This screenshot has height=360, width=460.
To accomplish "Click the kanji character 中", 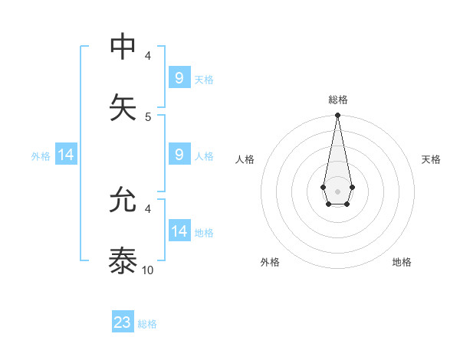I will [x=123, y=47].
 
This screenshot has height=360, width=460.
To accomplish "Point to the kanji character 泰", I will [x=123, y=260].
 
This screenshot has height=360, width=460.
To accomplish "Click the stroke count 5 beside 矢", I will [x=148, y=116].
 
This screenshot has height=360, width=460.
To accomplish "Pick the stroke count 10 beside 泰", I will [x=148, y=270].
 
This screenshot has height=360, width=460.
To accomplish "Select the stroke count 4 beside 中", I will [x=148, y=56].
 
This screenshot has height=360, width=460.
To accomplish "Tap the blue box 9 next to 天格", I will [x=179, y=78].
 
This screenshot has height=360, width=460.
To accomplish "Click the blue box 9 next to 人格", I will [x=179, y=155].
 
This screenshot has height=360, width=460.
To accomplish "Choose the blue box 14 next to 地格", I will [x=179, y=231].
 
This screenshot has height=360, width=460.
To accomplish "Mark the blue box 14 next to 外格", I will [x=66, y=155].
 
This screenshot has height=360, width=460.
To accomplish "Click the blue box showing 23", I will [x=123, y=322].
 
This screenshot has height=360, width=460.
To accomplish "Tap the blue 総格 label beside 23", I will [x=147, y=324].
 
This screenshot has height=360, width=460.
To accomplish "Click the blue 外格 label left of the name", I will [x=41, y=156].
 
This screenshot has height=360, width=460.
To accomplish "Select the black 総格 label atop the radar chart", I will [x=337, y=100].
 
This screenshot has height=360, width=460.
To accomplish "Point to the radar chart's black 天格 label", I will [x=431, y=159].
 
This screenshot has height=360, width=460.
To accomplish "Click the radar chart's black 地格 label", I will [x=402, y=262].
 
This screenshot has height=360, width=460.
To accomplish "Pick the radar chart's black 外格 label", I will [x=270, y=262].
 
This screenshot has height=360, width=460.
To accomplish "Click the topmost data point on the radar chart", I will [x=337, y=115].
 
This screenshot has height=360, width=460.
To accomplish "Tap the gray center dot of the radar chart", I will [x=337, y=190].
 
